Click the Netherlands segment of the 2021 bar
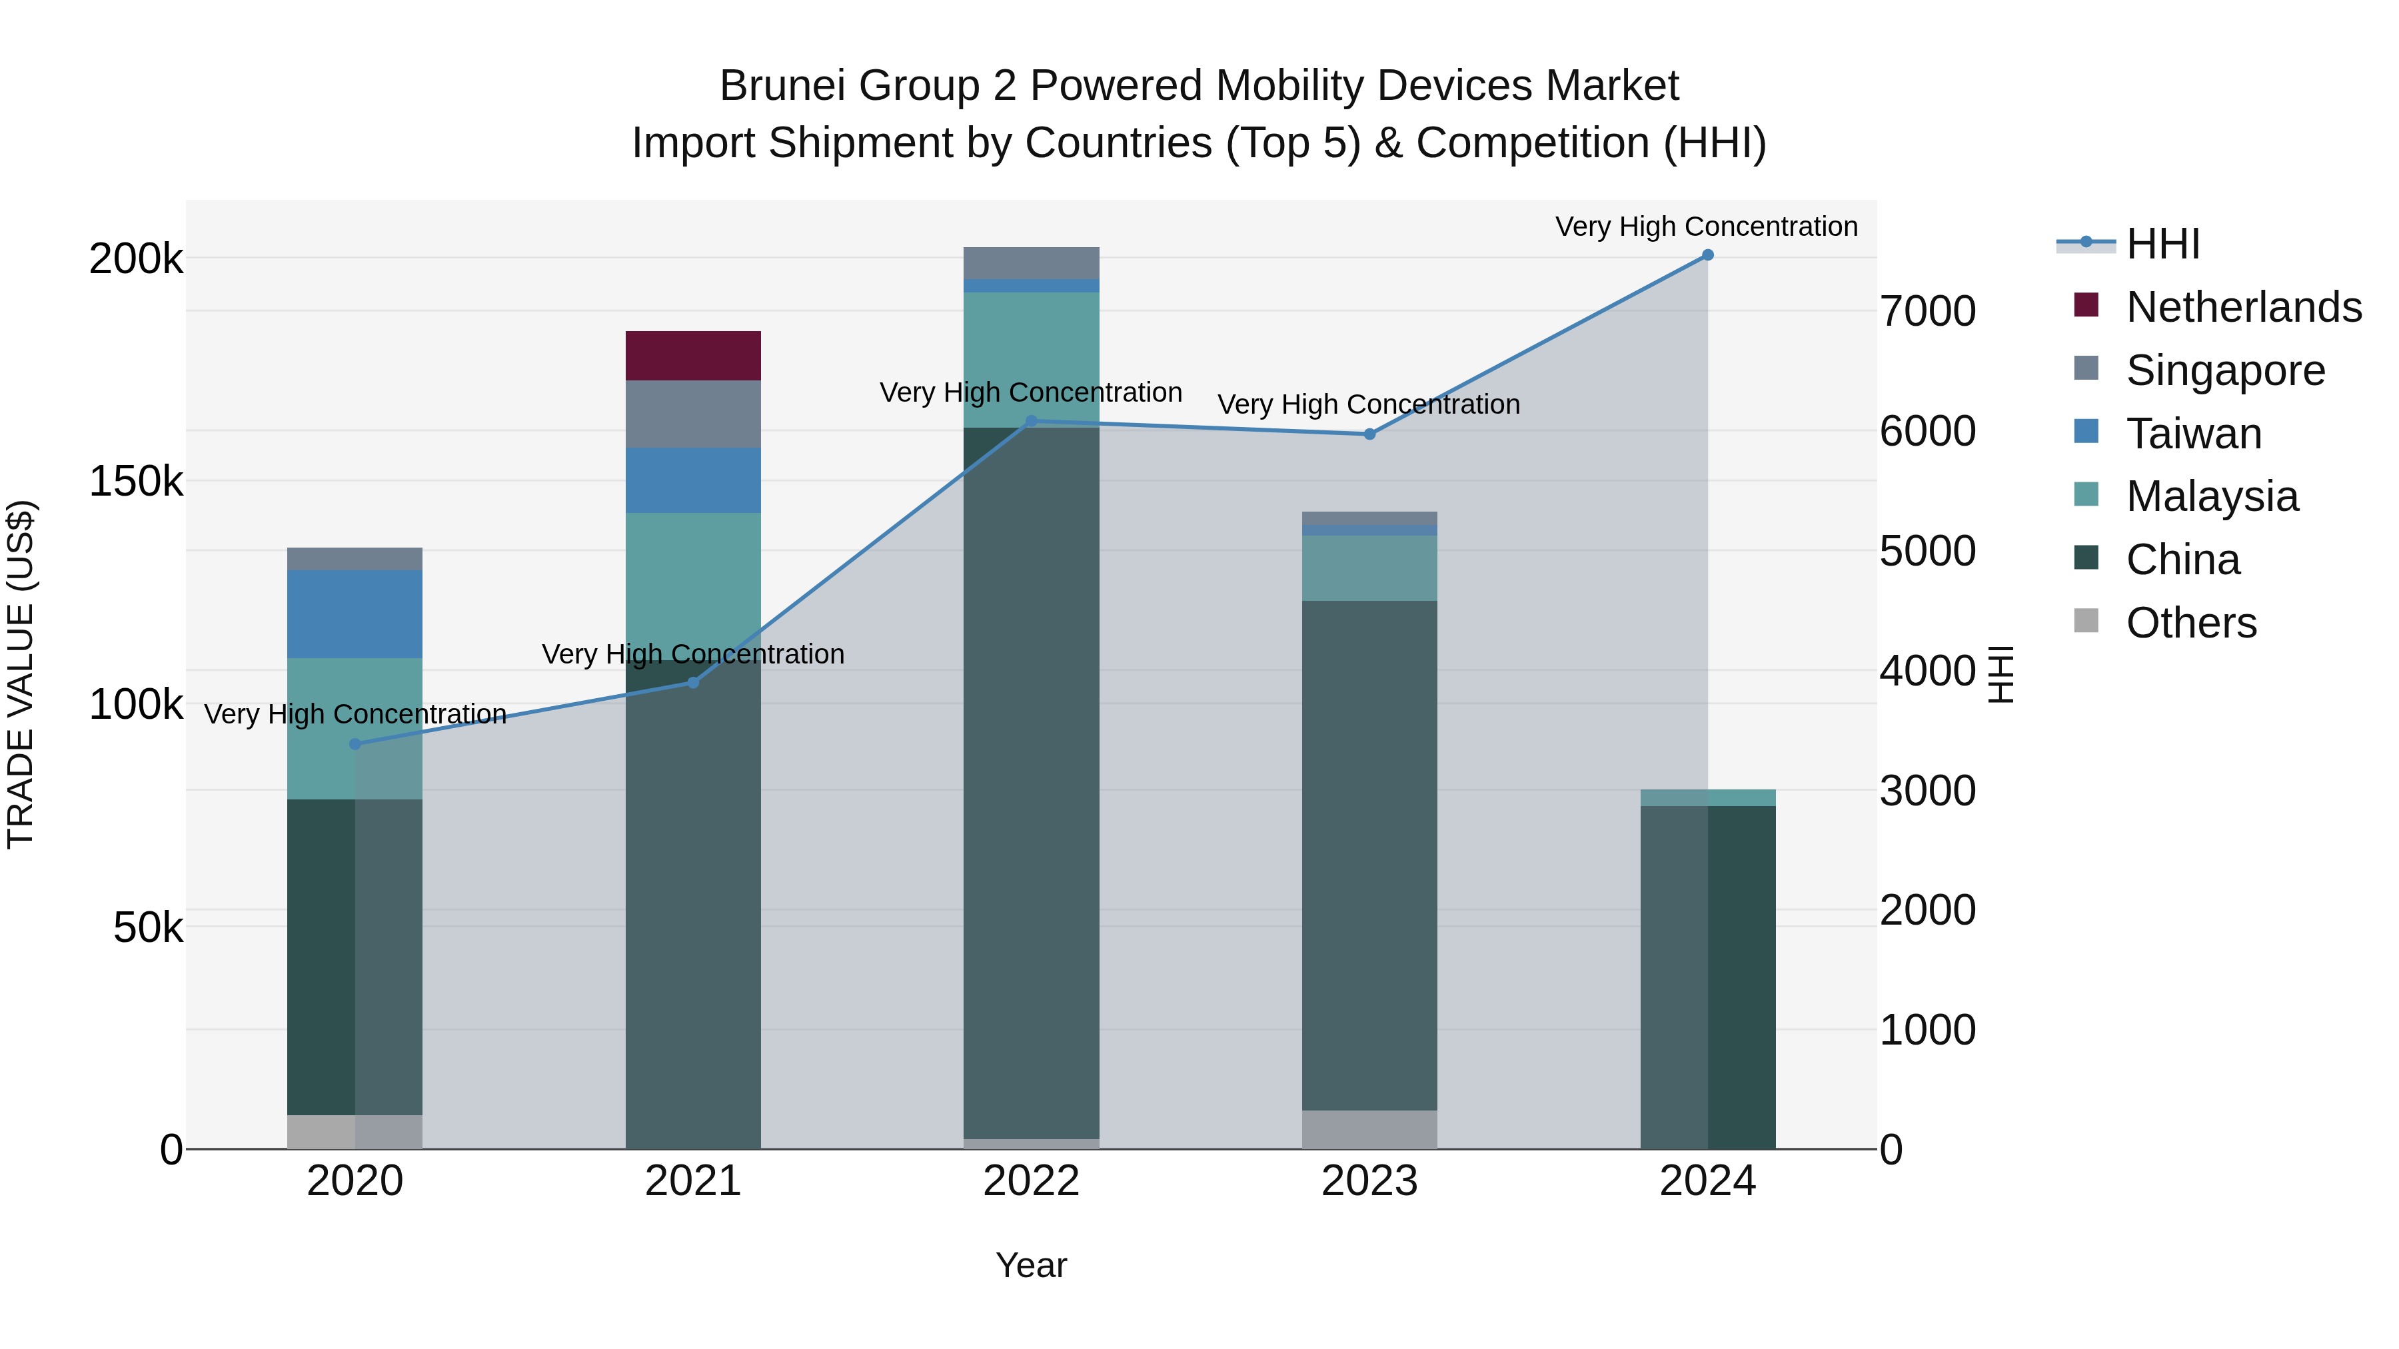point(693,356)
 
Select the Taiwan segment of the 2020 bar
point(355,614)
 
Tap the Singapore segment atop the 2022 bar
point(1031,262)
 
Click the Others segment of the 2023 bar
point(1369,1129)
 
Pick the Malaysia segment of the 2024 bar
point(1707,798)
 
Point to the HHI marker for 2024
point(1707,255)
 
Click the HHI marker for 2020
point(355,744)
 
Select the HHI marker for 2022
point(1031,422)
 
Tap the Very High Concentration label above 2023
point(1368,405)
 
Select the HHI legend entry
point(2162,244)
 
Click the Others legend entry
point(2190,623)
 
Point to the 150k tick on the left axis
point(136,482)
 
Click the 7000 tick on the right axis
point(1927,311)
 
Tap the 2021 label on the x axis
point(693,1181)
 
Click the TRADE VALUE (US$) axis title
point(21,674)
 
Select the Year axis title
point(1031,1265)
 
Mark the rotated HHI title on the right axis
point(2000,674)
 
